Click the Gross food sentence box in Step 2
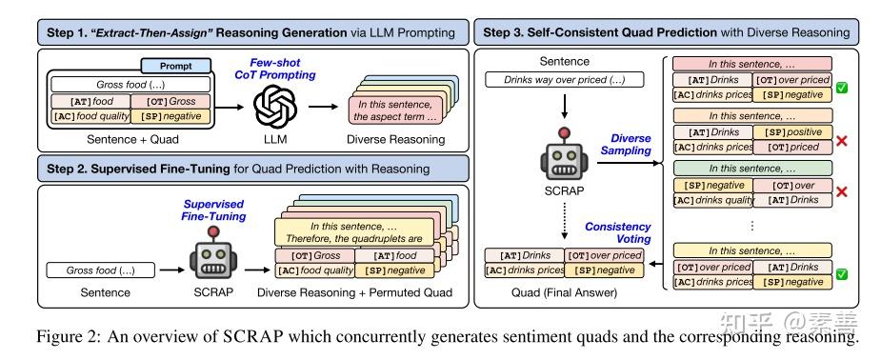pos(92,270)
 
